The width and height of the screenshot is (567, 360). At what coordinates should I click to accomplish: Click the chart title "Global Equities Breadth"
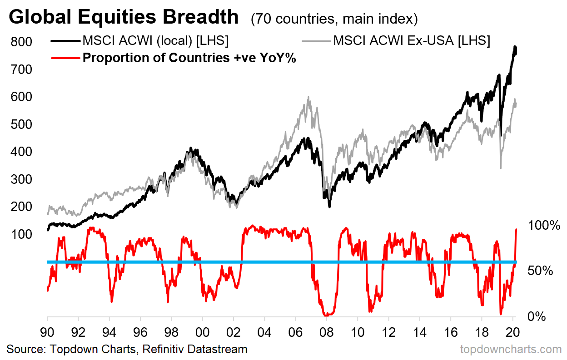pos(123,17)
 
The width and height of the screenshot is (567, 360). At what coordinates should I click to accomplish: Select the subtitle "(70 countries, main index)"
pos(334,19)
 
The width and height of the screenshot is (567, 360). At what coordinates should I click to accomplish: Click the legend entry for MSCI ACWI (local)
pos(155,40)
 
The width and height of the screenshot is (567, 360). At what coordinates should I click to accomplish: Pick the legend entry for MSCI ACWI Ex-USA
pos(411,40)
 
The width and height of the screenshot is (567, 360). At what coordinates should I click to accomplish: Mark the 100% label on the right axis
pos(544,225)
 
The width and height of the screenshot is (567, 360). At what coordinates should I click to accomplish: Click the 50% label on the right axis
pos(540,271)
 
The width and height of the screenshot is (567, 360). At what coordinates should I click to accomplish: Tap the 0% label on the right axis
pos(536,317)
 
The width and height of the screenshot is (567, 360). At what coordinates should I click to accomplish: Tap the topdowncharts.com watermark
pos(511,350)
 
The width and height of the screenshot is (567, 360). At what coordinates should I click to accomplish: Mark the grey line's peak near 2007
pos(308,97)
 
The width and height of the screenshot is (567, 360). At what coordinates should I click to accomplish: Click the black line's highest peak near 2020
pos(515,46)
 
